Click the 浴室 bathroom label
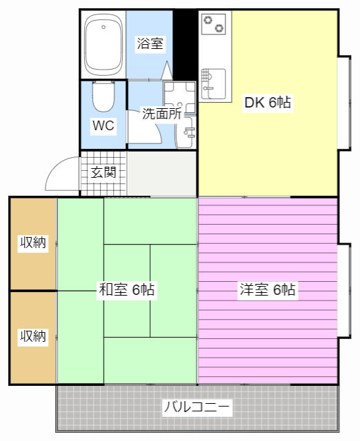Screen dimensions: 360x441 pyautogui.click(x=150, y=43)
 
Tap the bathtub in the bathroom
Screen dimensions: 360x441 pyautogui.click(x=103, y=45)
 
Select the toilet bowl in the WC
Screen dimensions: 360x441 pyautogui.click(x=103, y=96)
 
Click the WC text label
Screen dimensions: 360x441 pyautogui.click(x=103, y=125)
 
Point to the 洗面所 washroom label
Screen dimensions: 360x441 pyautogui.click(x=161, y=114)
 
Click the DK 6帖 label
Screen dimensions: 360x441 pyautogui.click(x=268, y=103)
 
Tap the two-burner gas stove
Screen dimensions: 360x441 pyautogui.click(x=214, y=24)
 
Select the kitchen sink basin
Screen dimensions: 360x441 pyautogui.click(x=214, y=84)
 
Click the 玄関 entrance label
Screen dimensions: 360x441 pyautogui.click(x=103, y=172)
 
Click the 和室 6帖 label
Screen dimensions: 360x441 pyautogui.click(x=127, y=289)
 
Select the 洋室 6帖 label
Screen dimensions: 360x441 pyautogui.click(x=268, y=289)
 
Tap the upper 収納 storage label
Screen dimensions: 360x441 pyautogui.click(x=33, y=243)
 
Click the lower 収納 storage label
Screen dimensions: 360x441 pyautogui.click(x=33, y=336)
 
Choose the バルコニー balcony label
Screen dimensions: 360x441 pyautogui.click(x=197, y=407)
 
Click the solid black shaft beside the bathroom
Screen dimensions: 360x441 pyautogui.click(x=185, y=44)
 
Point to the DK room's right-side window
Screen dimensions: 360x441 pyautogui.click(x=345, y=103)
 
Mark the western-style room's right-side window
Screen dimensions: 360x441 pyautogui.click(x=345, y=291)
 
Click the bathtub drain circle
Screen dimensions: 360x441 pyautogui.click(x=103, y=27)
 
